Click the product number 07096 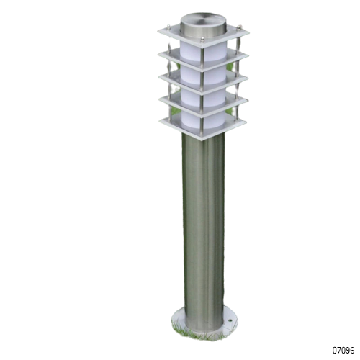(343, 350)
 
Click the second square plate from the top (203, 60)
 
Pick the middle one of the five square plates (203, 81)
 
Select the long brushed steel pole (204, 230)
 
